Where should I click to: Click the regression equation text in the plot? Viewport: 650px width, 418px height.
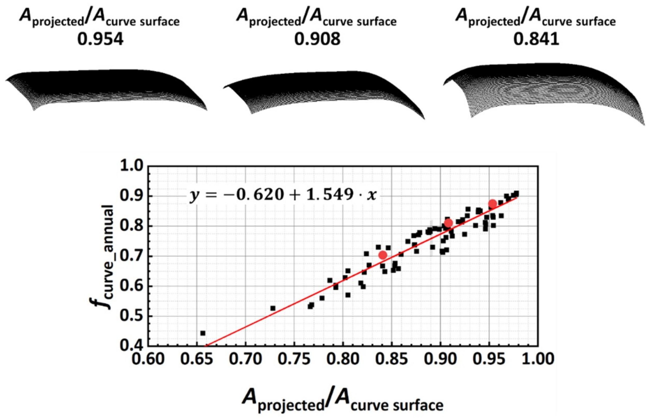(283, 195)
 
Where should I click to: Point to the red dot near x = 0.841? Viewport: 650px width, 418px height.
(383, 255)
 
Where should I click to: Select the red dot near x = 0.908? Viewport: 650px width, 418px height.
(449, 223)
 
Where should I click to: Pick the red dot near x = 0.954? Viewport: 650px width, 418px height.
(492, 204)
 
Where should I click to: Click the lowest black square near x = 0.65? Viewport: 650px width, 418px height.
(202, 333)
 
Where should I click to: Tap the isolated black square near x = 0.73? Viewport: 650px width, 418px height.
(273, 308)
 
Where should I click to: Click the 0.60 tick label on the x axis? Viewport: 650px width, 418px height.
(148, 359)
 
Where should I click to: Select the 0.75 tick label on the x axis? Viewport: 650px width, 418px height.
(294, 359)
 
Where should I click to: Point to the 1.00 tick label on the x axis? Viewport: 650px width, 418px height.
(537, 359)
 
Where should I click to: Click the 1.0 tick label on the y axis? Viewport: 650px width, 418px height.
(131, 166)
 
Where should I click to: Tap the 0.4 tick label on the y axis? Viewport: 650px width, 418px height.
(131, 346)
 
